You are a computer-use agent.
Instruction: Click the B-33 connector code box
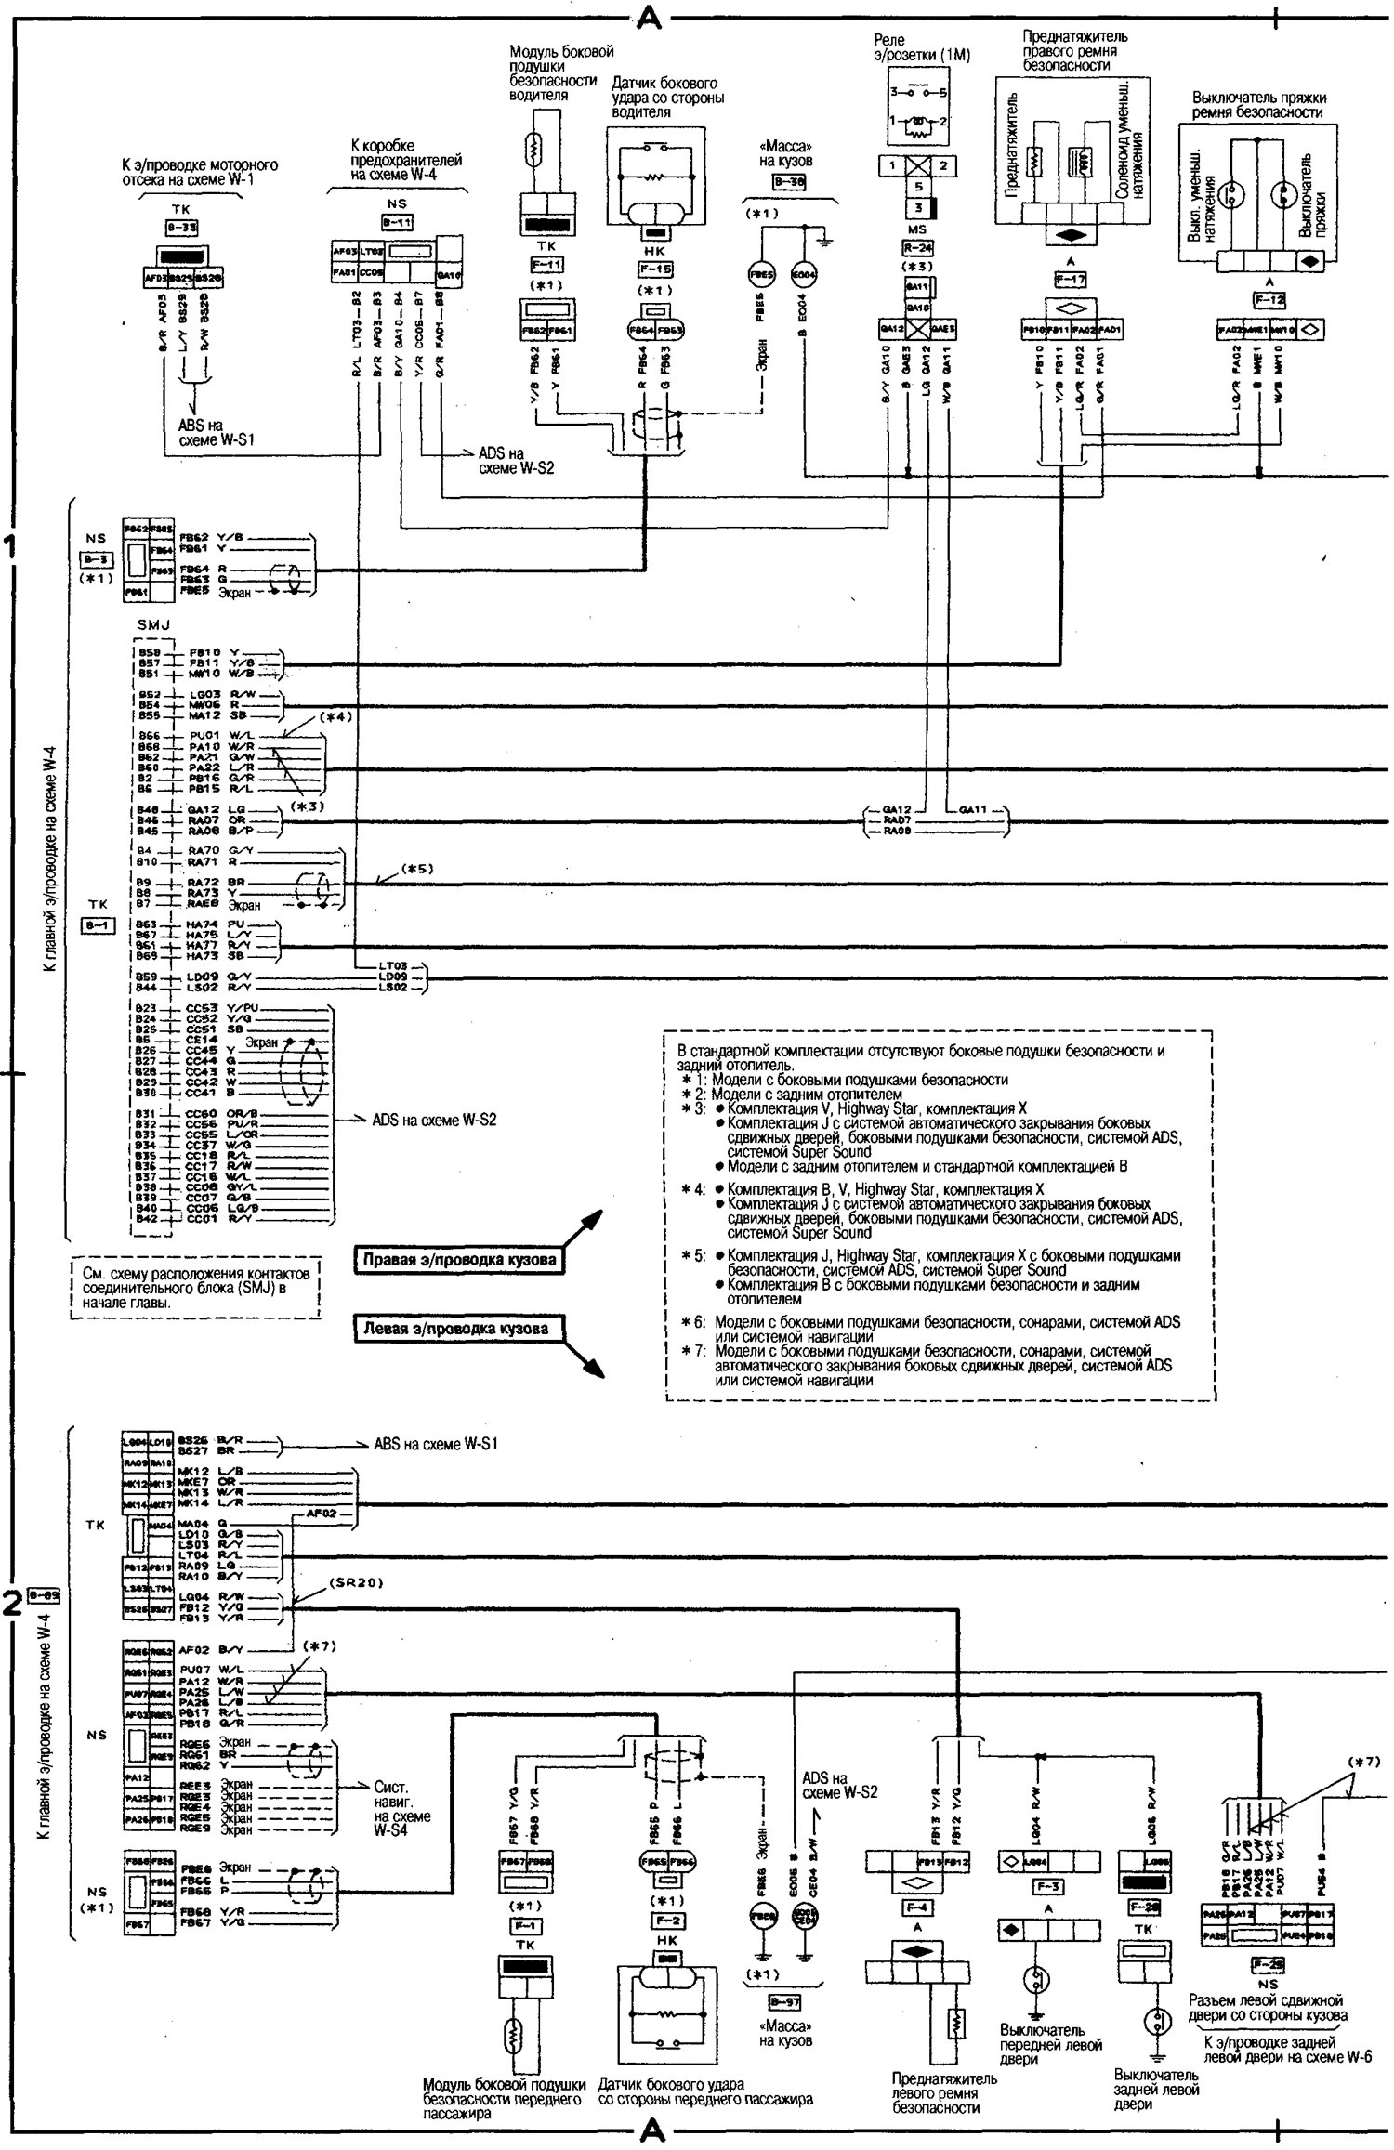(x=182, y=227)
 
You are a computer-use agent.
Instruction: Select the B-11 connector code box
(x=397, y=222)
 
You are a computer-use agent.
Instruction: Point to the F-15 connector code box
(x=656, y=269)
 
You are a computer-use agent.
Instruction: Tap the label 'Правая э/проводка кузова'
(x=460, y=1260)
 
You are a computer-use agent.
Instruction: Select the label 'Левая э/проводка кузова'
(x=455, y=1328)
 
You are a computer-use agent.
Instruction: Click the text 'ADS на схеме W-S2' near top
(x=516, y=461)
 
